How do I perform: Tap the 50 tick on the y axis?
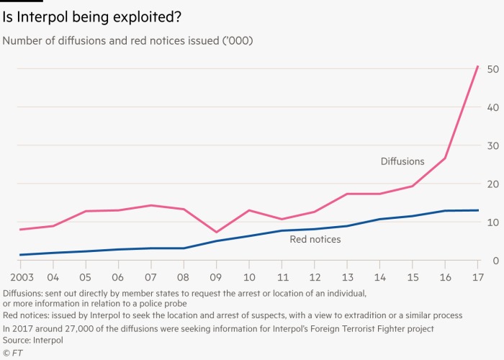[493, 69]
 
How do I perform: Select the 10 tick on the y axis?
[493, 222]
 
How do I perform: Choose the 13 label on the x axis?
[348, 277]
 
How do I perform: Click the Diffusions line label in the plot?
[402, 161]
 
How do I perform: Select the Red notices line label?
[315, 239]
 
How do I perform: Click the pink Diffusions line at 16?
[446, 158]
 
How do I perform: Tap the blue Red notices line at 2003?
[20, 255]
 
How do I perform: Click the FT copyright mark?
[12, 352]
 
